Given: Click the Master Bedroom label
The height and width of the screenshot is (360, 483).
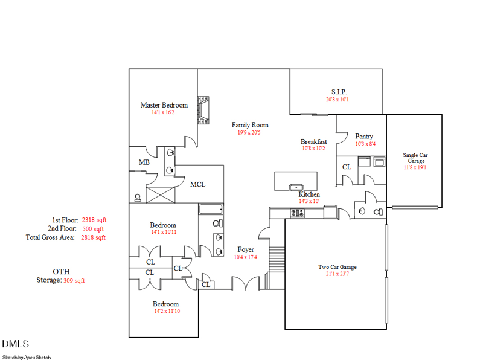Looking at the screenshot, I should click(164, 105).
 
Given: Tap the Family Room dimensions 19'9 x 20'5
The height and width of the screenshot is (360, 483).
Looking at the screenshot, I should click(250, 132).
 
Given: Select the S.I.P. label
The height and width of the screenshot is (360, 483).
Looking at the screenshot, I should click(338, 92).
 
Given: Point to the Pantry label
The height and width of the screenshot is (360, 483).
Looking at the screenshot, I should click(364, 137).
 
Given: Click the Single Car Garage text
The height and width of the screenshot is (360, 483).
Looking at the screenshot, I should click(415, 158).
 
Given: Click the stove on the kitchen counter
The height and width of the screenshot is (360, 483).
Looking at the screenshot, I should click(297, 212).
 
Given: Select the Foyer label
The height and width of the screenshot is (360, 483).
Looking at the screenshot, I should click(245, 249).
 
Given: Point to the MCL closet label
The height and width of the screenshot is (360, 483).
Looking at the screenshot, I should click(197, 184).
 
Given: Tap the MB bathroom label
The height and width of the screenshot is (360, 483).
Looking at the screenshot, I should click(144, 162).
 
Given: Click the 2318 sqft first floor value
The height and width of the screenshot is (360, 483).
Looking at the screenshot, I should click(94, 220).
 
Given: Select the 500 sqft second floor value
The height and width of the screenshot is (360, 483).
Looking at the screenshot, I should click(94, 229).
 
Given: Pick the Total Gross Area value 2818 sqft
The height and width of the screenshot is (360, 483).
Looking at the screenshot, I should click(94, 237).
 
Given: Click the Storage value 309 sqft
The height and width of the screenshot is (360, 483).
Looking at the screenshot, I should click(74, 280).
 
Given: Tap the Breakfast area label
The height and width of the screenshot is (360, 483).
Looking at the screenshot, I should click(313, 142).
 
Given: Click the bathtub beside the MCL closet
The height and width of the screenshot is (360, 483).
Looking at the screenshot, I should click(211, 210).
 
